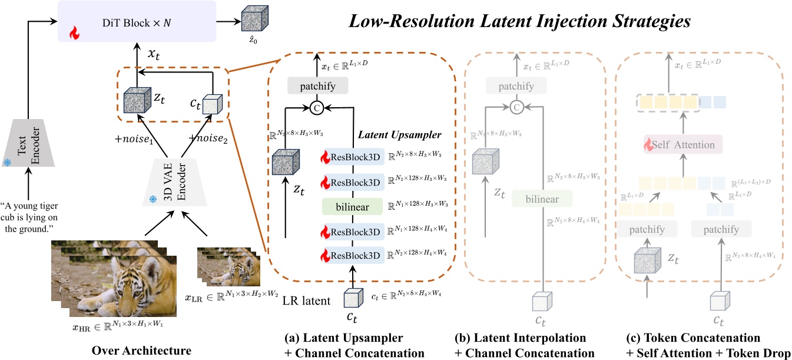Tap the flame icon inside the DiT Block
74,34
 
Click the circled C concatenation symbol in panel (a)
318,108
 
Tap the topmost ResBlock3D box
352,157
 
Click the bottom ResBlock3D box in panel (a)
352,255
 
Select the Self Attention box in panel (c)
684,144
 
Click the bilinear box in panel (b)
542,199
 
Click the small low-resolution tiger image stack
223,264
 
